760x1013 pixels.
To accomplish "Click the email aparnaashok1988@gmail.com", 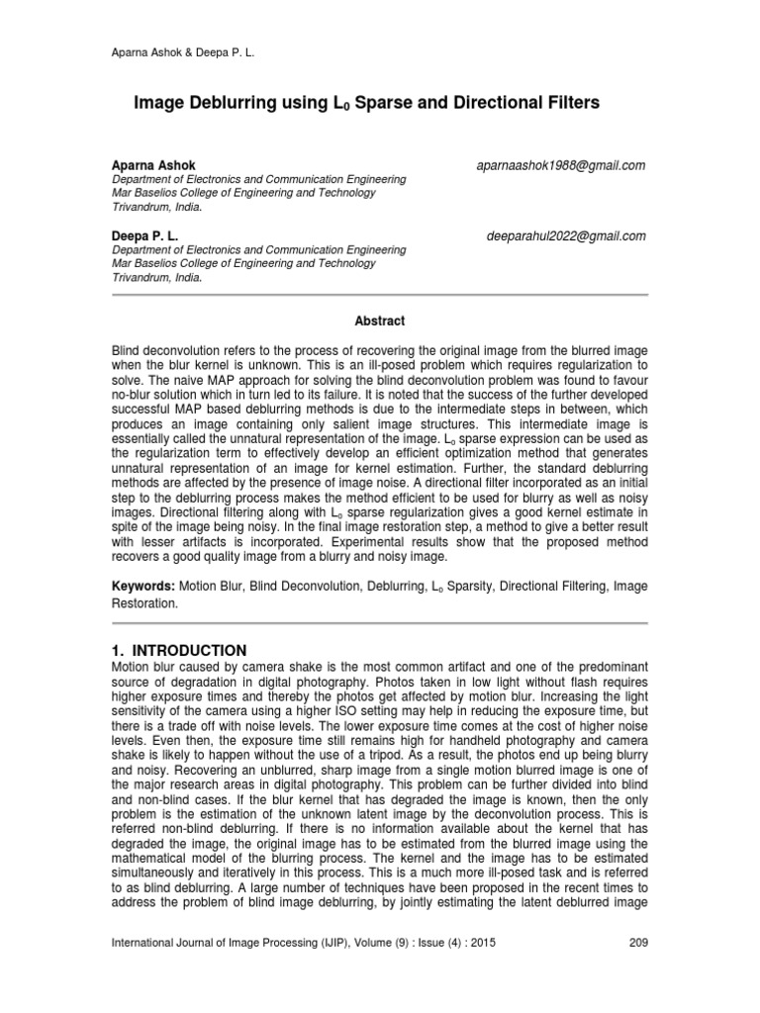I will point(561,165).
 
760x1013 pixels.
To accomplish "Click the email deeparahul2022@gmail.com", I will point(566,235).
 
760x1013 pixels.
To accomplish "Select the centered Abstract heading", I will point(380,321).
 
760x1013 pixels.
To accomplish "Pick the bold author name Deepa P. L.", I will point(144,235).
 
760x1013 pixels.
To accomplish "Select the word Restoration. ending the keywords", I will point(144,601).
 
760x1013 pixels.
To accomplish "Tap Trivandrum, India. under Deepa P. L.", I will point(155,279).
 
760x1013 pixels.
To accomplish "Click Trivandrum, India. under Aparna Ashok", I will point(155,208).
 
